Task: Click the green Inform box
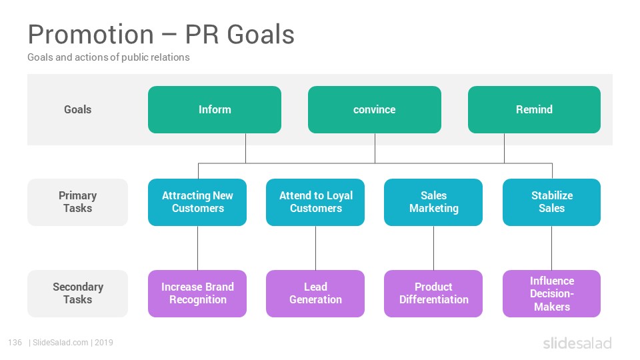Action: pyautogui.click(x=214, y=109)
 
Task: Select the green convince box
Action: pyautogui.click(x=374, y=109)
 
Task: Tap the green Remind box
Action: pyautogui.click(x=534, y=109)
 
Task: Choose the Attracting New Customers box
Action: pyautogui.click(x=197, y=202)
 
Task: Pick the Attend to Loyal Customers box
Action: pyautogui.click(x=315, y=202)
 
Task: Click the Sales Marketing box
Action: pyautogui.click(x=433, y=202)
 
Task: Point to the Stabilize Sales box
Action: pyautogui.click(x=551, y=202)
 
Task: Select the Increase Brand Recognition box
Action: pyautogui.click(x=197, y=293)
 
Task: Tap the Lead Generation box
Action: pyautogui.click(x=315, y=293)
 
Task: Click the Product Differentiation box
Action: pyautogui.click(x=433, y=293)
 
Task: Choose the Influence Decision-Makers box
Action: pyautogui.click(x=551, y=293)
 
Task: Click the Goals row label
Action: pyautogui.click(x=77, y=109)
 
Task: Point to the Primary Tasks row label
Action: pyautogui.click(x=77, y=202)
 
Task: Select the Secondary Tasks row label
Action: pyautogui.click(x=77, y=293)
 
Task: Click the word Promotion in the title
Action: pyautogui.click(x=91, y=34)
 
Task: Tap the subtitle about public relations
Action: pyautogui.click(x=109, y=57)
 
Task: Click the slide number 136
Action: pyautogui.click(x=15, y=343)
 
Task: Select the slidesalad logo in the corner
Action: pyautogui.click(x=577, y=343)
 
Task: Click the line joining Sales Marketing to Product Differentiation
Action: pyautogui.click(x=433, y=248)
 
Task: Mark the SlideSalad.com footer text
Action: pyautogui.click(x=60, y=343)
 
